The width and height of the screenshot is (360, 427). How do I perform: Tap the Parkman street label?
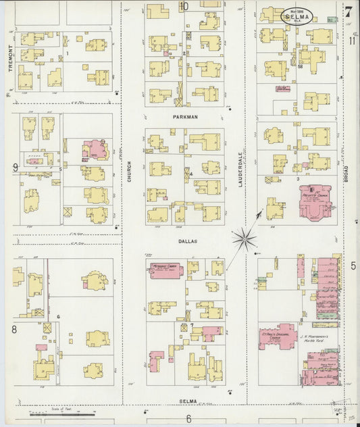[184, 117]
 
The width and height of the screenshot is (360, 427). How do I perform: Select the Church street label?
[129, 171]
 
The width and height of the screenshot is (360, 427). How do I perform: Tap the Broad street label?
[346, 172]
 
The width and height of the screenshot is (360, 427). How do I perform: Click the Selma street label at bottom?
[188, 401]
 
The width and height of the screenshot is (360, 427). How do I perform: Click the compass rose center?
[244, 238]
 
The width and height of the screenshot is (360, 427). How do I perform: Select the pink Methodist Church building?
[165, 270]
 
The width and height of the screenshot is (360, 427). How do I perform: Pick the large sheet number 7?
[349, 11]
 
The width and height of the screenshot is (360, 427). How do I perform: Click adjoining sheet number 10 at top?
[184, 7]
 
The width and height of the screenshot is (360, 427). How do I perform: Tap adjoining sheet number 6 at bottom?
[189, 419]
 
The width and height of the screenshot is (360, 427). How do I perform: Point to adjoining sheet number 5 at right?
[353, 266]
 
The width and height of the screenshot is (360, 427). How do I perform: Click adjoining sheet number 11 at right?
[353, 41]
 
